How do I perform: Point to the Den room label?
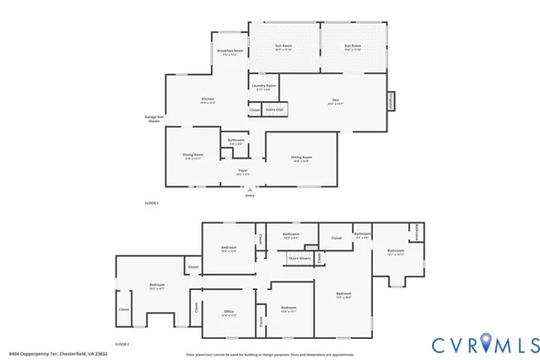click(335, 101)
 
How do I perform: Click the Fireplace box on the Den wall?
click(391, 99)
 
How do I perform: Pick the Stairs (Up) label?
click(275, 109)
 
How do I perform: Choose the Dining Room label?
click(194, 156)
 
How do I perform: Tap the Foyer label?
click(242, 172)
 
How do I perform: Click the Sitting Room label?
click(302, 159)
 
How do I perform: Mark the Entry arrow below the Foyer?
click(250, 191)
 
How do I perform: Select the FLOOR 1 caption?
click(152, 204)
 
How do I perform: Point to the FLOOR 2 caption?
click(121, 344)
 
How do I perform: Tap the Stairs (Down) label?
click(300, 258)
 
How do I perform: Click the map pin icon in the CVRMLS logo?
click(484, 344)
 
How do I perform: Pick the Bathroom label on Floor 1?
click(236, 141)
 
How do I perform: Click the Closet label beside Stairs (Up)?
click(255, 110)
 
